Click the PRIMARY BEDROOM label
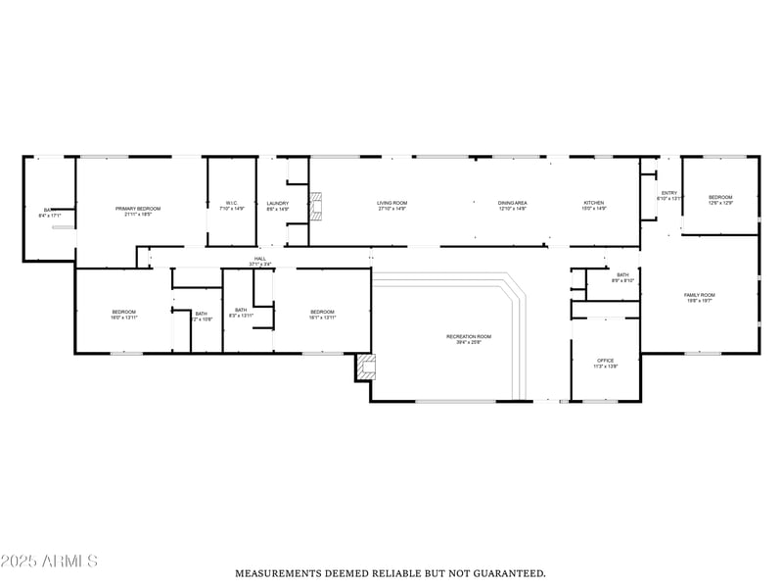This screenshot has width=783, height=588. pos(138,209)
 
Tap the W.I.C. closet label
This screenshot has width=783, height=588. pos(232,204)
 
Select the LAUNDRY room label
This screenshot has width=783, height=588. pos(278,204)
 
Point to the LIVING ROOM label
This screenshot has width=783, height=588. pos(391,204)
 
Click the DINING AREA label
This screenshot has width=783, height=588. pos(513,204)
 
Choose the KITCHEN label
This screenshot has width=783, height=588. pos(594,204)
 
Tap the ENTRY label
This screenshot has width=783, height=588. pos(669,193)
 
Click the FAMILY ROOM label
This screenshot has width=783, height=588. pos(699,295)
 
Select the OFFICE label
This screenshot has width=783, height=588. pos(605,361)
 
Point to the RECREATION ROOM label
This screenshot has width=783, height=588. pos(469,337)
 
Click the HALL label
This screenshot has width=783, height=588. pos(260,259)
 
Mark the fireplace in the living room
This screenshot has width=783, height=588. pos(315,207)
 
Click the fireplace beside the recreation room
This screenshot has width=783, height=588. pos(366,367)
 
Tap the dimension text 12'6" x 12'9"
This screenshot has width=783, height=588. pos(720,203)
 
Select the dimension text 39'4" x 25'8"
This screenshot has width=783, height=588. pos(469,342)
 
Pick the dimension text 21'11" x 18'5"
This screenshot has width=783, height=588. pos(138,214)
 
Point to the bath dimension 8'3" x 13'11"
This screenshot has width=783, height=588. pos(241,316)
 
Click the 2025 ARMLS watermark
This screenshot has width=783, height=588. pos(49,562)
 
